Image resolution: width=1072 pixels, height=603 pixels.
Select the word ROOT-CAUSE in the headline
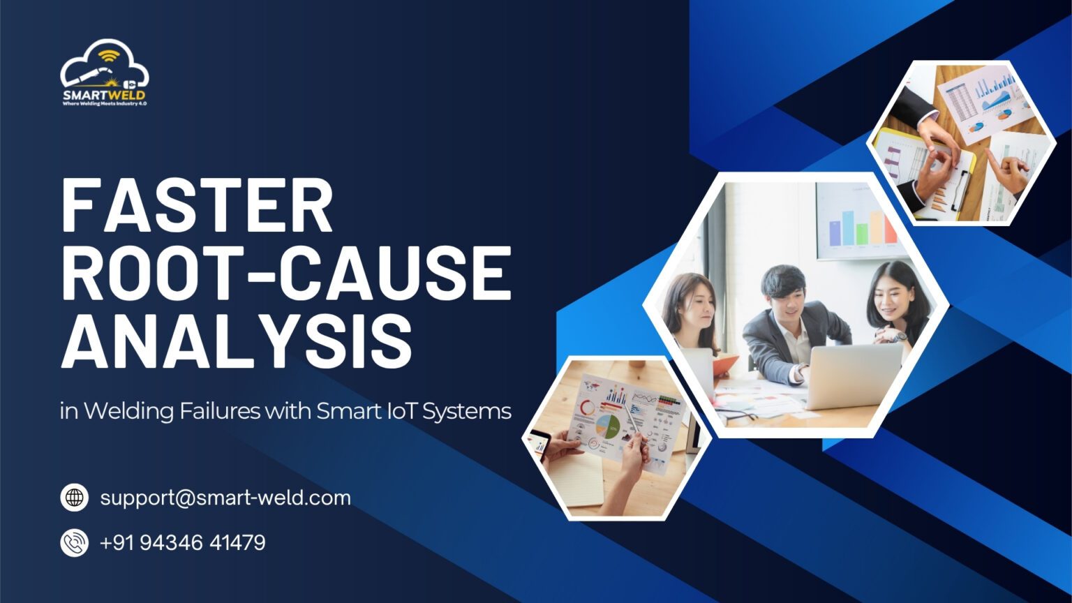[286, 274]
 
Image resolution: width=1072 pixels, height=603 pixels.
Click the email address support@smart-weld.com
[225, 498]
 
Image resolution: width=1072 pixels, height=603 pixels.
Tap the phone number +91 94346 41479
[182, 542]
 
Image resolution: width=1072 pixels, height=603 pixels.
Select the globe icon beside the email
[74, 498]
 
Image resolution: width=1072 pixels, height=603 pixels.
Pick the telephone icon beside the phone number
[74, 542]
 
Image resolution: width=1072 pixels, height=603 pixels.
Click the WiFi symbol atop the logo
[108, 54]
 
